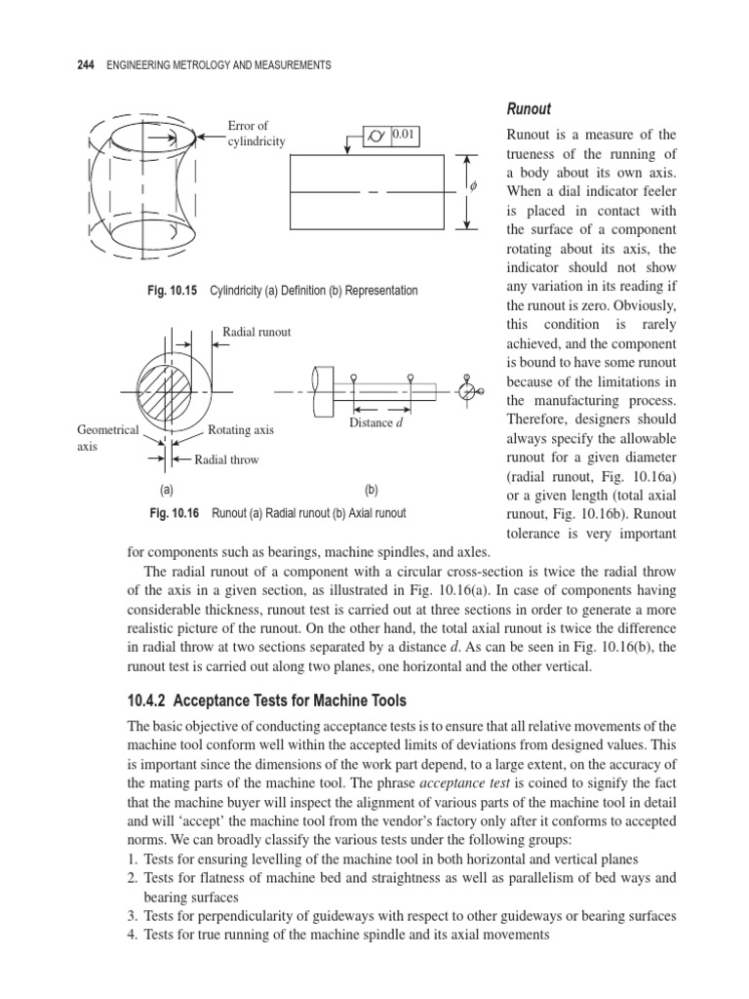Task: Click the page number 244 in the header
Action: (x=86, y=65)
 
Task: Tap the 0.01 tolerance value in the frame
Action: (x=405, y=136)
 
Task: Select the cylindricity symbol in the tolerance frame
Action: (x=375, y=137)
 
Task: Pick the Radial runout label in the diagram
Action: (x=256, y=332)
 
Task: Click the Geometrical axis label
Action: (x=106, y=437)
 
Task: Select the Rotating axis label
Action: (x=241, y=429)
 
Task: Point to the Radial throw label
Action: (x=226, y=460)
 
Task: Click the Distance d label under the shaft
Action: (x=375, y=422)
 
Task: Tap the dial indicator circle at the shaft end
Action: (x=466, y=390)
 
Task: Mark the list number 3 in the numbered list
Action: (x=133, y=916)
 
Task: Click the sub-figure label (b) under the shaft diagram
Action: (x=371, y=492)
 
